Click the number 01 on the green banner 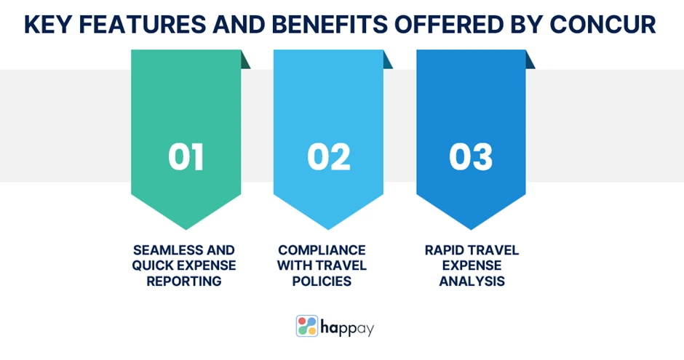186,157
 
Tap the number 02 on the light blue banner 328,157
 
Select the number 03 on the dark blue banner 471,157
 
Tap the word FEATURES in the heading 142,25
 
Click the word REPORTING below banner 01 183,281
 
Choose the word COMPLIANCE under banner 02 322,250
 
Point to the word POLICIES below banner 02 322,281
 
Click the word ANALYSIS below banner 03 472,281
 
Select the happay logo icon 307,326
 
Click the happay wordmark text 347,328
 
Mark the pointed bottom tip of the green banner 186,229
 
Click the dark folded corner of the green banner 244,60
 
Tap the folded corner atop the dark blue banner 530,60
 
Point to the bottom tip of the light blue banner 328,229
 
